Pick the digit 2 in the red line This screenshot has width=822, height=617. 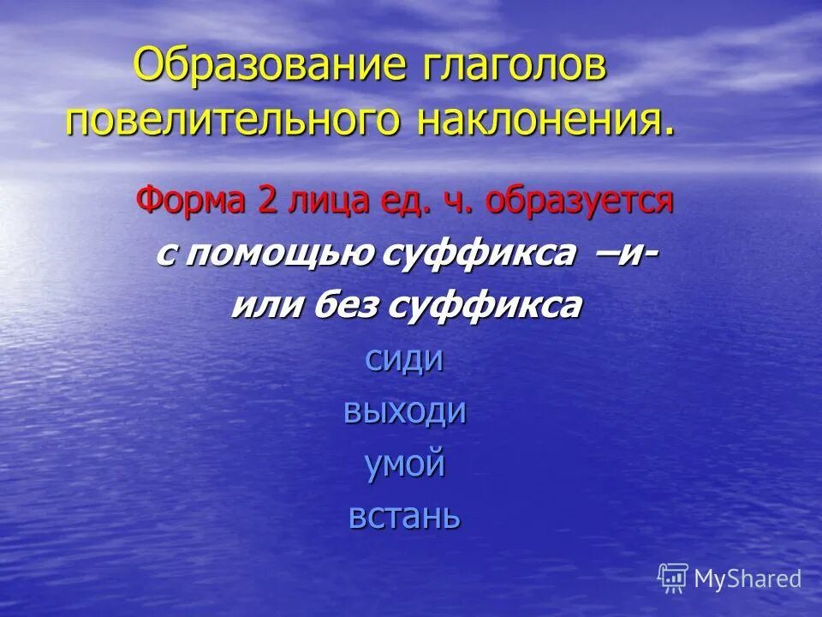coord(262,203)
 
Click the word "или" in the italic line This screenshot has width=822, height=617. coord(263,306)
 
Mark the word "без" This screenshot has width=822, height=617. coord(341,306)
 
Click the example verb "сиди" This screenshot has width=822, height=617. coord(404,359)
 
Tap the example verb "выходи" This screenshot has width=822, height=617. coord(405,412)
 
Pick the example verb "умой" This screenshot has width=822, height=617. coord(405,465)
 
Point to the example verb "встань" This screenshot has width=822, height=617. coord(405,517)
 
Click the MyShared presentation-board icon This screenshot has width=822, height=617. coord(674,578)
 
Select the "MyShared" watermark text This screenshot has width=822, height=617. coord(748,579)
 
